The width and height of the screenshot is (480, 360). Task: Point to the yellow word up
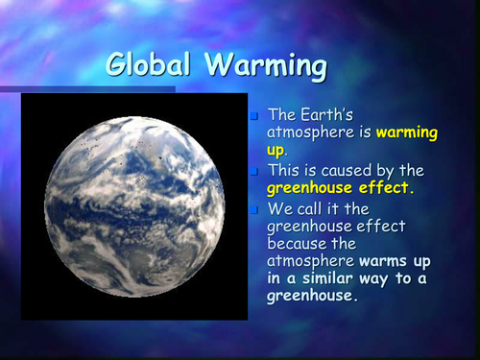tap(276, 151)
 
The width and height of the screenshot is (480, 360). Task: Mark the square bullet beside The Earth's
tap(254, 116)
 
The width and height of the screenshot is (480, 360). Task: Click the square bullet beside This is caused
tap(254, 172)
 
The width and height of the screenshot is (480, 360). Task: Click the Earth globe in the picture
tap(133, 205)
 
